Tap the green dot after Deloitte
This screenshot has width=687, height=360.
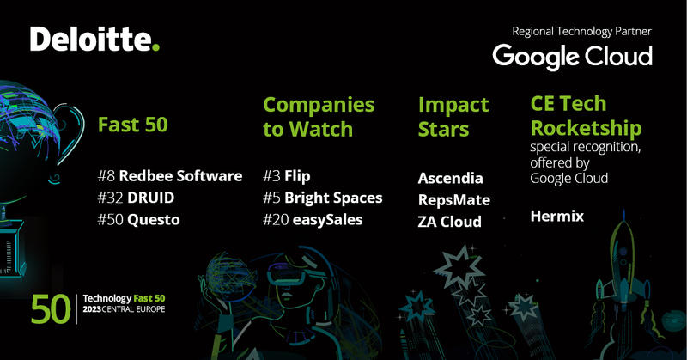click(155, 47)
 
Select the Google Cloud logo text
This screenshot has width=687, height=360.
click(572, 57)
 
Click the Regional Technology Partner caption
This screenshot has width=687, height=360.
click(581, 31)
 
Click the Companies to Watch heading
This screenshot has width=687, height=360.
click(319, 117)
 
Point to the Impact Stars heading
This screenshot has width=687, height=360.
click(453, 117)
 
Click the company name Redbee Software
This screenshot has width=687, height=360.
click(180, 176)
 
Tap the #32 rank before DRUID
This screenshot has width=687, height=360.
click(112, 198)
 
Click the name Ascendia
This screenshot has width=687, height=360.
click(450, 179)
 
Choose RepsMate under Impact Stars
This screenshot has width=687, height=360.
click(453, 200)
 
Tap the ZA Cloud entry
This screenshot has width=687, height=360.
click(450, 222)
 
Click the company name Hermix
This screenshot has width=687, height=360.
click(558, 217)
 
